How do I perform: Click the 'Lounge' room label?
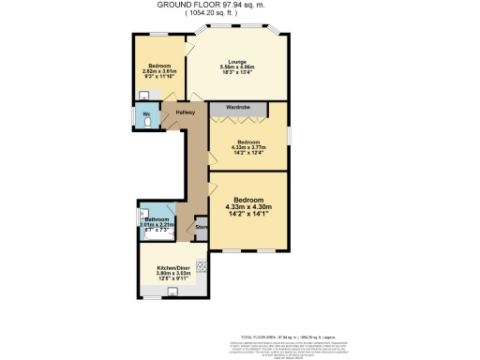[x=236, y=63]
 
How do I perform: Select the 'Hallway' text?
[x=185, y=113]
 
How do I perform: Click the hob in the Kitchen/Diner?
[x=200, y=265]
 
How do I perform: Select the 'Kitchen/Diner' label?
[x=172, y=266]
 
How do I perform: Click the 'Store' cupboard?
[x=201, y=228]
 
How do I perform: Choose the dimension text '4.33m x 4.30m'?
[x=248, y=207]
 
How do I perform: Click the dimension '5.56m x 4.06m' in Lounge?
[x=236, y=68]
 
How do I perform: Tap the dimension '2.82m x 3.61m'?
[x=152, y=70]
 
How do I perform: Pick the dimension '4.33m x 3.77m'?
[x=248, y=147]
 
